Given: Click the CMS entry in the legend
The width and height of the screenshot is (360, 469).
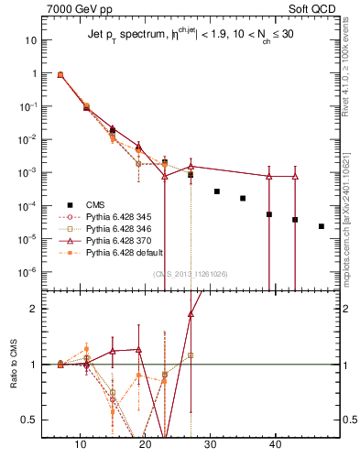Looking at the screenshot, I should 95,205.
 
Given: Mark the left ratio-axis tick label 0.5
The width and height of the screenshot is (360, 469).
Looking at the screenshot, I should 29,420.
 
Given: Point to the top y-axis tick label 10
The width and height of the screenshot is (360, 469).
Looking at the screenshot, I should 31,40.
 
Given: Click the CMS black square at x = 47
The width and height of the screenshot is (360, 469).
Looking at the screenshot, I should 322,226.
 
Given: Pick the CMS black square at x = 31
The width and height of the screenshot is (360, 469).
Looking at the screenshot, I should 217,191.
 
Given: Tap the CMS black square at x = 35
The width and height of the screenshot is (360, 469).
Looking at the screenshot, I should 243,198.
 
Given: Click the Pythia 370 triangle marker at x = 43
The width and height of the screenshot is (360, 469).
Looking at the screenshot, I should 295,176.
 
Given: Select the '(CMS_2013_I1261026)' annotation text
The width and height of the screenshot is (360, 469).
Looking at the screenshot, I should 191,274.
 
